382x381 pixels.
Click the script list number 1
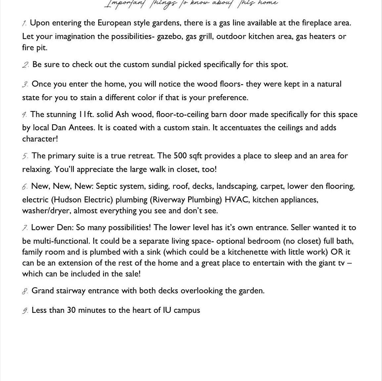[24, 23]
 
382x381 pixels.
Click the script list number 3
[25, 84]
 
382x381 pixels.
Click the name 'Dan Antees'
[73, 128]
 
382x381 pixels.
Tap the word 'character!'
[40, 139]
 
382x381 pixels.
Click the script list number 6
[25, 187]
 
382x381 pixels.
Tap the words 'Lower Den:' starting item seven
[52, 228]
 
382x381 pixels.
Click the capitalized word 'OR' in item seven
[337, 252]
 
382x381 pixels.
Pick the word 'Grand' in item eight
[43, 291]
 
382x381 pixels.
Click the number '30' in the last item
[71, 310]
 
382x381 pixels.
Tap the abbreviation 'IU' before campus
[167, 310]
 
